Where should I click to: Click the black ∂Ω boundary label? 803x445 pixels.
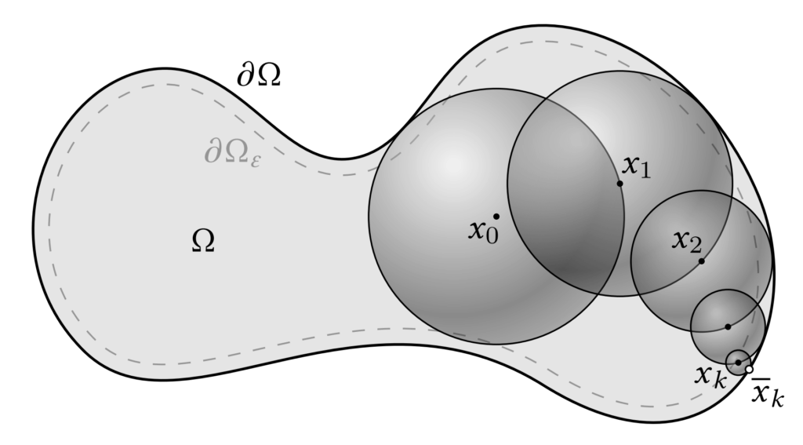pyautogui.click(x=259, y=76)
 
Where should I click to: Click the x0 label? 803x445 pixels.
pyautogui.click(x=483, y=231)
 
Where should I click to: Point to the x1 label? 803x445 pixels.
pyautogui.click(x=636, y=166)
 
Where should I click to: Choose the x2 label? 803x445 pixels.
pyautogui.click(x=686, y=241)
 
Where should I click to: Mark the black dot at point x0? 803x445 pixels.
pyautogui.click(x=496, y=216)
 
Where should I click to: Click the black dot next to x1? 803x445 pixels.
pyautogui.click(x=620, y=184)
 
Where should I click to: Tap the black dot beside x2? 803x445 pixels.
pyautogui.click(x=701, y=261)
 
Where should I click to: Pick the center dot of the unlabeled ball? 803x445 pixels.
pyautogui.click(x=728, y=326)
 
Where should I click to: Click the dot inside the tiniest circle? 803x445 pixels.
pyautogui.click(x=738, y=362)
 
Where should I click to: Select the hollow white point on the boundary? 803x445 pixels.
pyautogui.click(x=749, y=369)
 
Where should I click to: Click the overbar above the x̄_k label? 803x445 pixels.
pyautogui.click(x=761, y=381)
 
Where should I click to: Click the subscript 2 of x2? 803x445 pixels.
pyautogui.click(x=696, y=246)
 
